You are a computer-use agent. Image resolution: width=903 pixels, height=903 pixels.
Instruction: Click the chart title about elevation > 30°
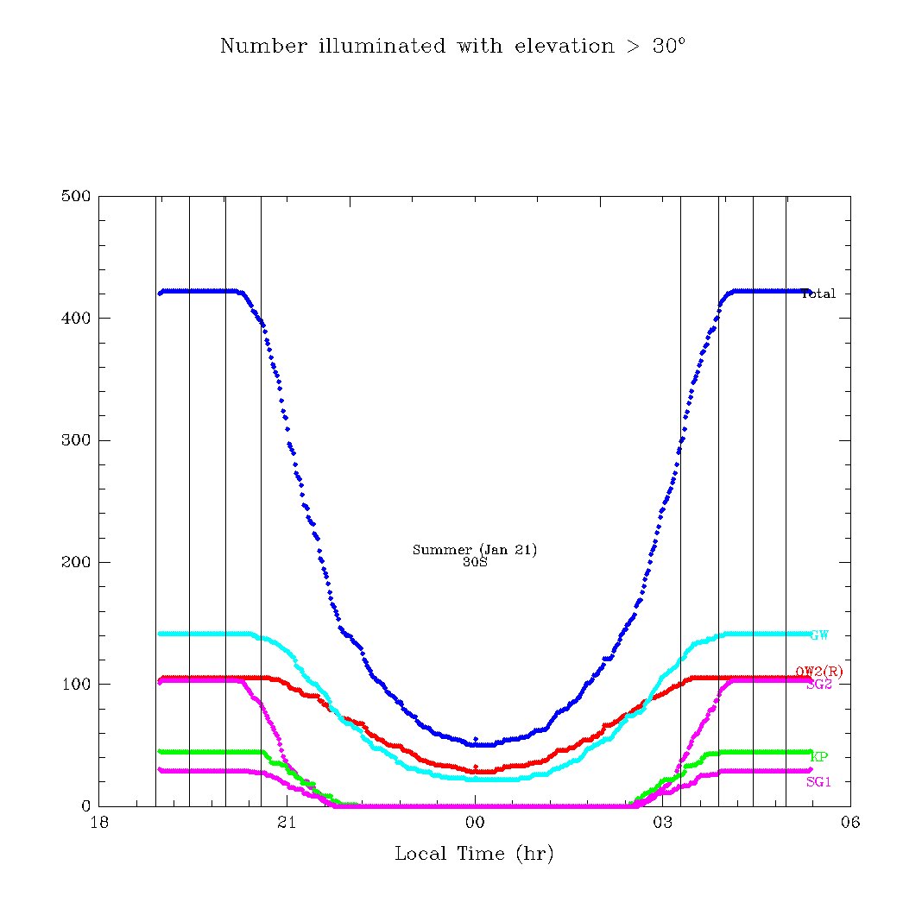click(x=452, y=46)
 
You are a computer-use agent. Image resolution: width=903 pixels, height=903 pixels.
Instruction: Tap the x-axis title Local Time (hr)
click(x=474, y=855)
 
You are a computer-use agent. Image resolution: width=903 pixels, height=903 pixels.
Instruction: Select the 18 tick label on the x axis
click(x=99, y=823)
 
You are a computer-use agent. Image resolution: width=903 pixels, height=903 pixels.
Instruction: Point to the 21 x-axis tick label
click(x=287, y=823)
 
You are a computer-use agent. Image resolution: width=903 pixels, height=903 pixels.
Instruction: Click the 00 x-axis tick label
click(x=475, y=823)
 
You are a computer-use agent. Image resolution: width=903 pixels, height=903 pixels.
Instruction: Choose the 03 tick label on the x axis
click(x=662, y=823)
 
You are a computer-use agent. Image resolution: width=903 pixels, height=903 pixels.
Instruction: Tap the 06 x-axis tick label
click(x=849, y=823)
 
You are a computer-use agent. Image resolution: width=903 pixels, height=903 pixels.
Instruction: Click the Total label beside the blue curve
click(x=818, y=294)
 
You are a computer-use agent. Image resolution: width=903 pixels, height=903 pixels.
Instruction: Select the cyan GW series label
click(x=819, y=635)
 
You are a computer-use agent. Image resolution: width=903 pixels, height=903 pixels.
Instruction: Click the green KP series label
click(x=819, y=757)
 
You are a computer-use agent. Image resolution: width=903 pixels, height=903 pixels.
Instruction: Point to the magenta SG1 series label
click(x=818, y=782)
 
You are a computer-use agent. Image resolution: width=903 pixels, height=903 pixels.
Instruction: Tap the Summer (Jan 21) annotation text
click(x=475, y=550)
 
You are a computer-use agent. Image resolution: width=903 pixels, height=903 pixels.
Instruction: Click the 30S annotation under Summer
click(x=475, y=562)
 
